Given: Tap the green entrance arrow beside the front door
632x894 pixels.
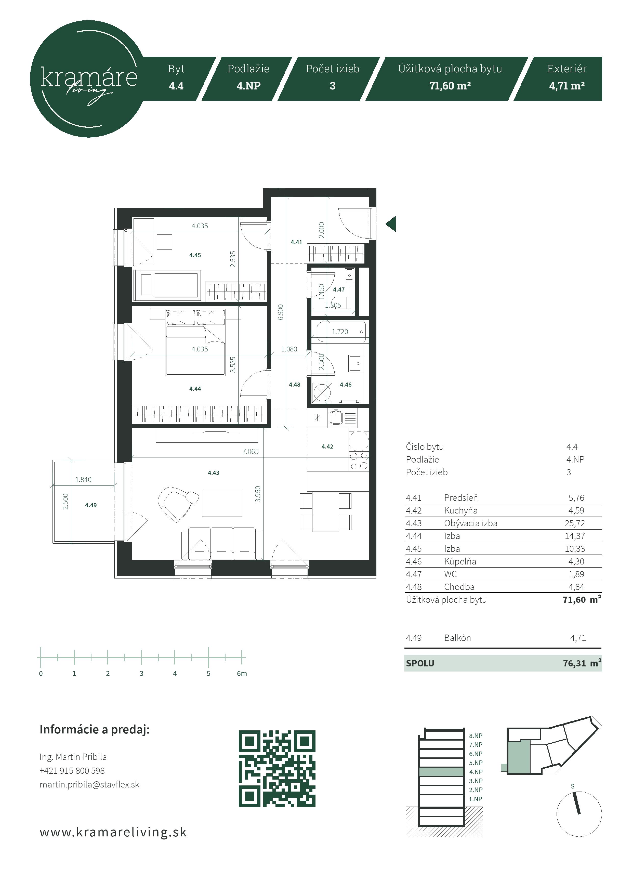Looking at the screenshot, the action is tap(391, 224).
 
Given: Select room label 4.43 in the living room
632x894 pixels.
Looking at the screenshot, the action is tap(213, 473).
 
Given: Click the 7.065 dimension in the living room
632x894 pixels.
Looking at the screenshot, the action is tap(251, 451).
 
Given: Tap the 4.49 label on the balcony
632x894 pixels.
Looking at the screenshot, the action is tap(91, 505).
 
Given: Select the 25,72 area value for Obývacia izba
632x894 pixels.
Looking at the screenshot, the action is tap(575, 523).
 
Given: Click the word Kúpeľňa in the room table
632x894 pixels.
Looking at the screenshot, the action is tap(460, 561).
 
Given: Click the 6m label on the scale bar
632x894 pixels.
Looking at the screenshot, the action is tap(242, 673).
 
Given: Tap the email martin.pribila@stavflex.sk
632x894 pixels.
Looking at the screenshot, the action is tap(89, 784).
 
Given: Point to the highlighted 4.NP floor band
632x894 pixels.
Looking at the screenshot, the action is tap(441, 771).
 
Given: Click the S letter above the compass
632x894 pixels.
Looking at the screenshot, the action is tap(572, 786).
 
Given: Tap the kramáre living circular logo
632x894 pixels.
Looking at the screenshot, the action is tap(89, 79).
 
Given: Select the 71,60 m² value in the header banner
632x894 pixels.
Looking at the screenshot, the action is tap(450, 86).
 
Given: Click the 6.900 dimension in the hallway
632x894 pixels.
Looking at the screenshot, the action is tap(281, 312).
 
